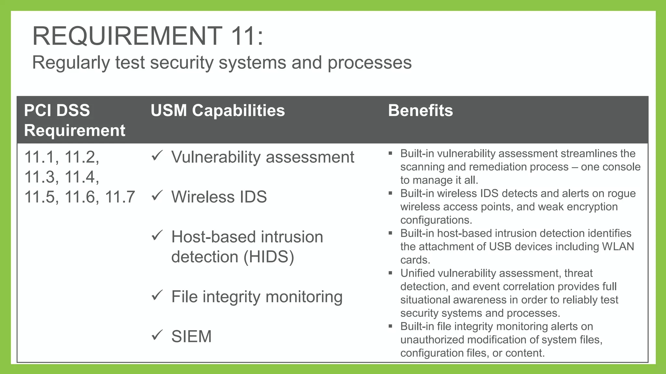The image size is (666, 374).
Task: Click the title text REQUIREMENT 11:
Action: (148, 36)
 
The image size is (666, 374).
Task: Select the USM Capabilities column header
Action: (218, 110)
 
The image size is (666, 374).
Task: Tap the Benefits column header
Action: (420, 110)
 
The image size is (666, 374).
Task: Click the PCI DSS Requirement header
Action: (74, 120)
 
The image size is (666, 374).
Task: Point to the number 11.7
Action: (120, 197)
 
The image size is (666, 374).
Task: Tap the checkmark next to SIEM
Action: (157, 335)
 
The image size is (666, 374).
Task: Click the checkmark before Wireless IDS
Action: (157, 195)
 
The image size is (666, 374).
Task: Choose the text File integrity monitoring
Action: (257, 296)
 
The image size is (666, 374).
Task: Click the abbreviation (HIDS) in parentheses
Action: (269, 257)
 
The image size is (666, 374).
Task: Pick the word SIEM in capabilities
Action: (191, 336)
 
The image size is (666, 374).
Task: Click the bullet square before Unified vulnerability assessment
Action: (391, 273)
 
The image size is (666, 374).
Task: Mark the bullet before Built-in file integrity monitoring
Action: (391, 326)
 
